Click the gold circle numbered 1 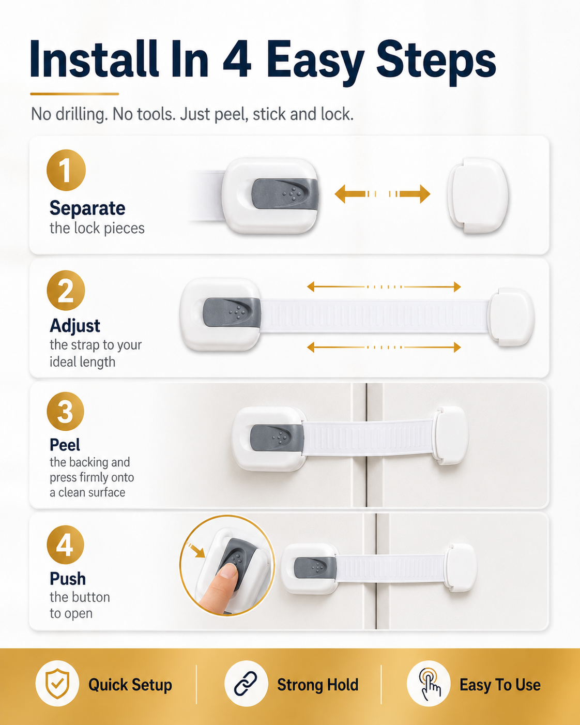[66, 170]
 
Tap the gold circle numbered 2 [66, 291]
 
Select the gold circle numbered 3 [65, 411]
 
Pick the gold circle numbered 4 [65, 545]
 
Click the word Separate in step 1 [87, 208]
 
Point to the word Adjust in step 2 [75, 326]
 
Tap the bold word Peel [65, 445]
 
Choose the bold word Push [68, 579]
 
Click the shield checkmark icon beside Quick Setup [57, 684]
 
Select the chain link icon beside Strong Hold [246, 684]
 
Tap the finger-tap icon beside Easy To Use [429, 684]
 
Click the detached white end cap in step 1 [478, 195]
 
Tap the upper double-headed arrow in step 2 [384, 286]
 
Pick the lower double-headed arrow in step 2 [384, 347]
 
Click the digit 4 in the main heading [237, 59]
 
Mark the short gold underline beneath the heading [74, 94]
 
